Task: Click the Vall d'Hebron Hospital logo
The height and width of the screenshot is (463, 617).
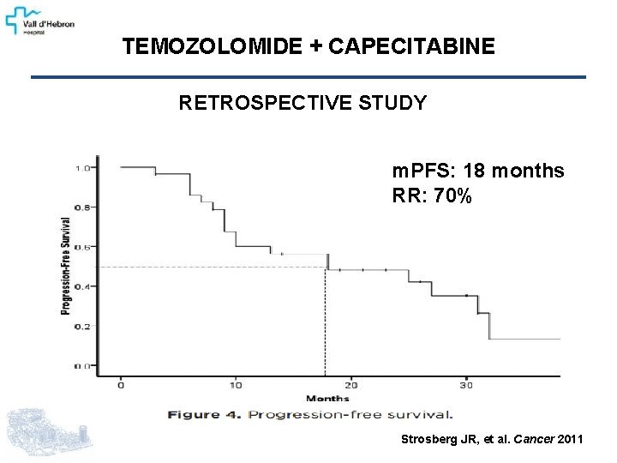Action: click(x=40, y=19)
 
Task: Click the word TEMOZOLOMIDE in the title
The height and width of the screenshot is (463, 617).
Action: click(x=212, y=47)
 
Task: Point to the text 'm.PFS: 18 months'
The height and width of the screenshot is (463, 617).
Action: click(x=478, y=171)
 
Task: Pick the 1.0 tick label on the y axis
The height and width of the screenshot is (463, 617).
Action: click(x=82, y=168)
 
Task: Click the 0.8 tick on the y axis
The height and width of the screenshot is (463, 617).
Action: click(x=82, y=207)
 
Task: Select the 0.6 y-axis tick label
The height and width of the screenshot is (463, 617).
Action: click(x=82, y=247)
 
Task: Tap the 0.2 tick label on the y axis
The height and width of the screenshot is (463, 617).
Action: click(x=82, y=327)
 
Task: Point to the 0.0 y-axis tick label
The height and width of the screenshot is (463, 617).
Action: click(x=82, y=366)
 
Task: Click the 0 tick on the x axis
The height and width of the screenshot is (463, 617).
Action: click(x=121, y=384)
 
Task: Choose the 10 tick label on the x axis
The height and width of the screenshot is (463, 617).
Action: click(x=236, y=384)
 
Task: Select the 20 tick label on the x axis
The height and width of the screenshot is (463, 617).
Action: click(x=351, y=384)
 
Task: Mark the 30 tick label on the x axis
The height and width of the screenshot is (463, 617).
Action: click(x=466, y=384)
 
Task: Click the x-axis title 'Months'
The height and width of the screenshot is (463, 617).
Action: click(x=327, y=398)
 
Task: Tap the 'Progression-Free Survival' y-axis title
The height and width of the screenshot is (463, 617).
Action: click(x=65, y=266)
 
